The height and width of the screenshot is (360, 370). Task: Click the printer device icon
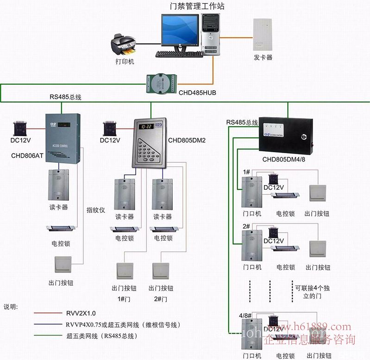pos(122,44)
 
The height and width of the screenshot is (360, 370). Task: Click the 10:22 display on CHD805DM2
pos(147,126)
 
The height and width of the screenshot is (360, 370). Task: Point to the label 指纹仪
pos(96,210)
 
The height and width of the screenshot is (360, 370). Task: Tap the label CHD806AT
pos(27,156)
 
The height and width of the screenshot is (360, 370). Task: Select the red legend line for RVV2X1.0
pos(48,313)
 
